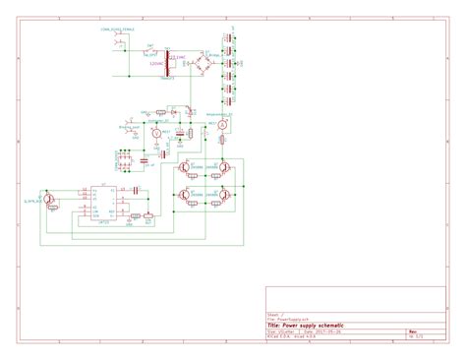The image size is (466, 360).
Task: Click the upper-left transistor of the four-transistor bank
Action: (x=184, y=168)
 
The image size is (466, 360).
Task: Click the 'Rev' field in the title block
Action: (x=414, y=331)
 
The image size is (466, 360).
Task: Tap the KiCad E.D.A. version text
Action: (x=295, y=336)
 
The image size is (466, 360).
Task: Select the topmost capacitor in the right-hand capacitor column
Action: (x=228, y=38)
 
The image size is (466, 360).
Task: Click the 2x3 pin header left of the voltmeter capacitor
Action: (x=124, y=158)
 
